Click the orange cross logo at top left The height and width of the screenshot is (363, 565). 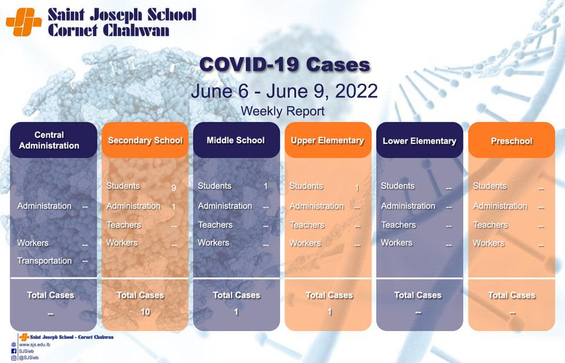click(24, 22)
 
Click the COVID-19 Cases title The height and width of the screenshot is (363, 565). click(285, 65)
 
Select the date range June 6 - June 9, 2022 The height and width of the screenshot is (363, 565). click(284, 91)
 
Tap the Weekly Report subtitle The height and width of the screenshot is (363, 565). click(282, 111)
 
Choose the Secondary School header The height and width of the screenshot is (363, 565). click(145, 140)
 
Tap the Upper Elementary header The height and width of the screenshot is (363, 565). click(328, 140)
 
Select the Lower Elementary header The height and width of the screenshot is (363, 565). click(420, 140)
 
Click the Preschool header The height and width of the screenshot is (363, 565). click(511, 140)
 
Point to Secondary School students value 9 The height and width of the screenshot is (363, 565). click(174, 187)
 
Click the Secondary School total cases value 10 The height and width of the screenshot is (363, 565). click(145, 312)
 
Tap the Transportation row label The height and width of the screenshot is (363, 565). click(44, 260)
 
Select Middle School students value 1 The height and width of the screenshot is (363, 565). click(265, 186)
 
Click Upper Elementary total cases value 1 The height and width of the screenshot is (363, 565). click(330, 312)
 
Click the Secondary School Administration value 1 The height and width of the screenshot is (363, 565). click(174, 207)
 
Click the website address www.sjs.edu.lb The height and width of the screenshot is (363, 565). click(35, 345)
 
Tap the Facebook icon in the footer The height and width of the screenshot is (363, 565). click(14, 351)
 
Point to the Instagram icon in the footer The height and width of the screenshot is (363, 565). click(14, 358)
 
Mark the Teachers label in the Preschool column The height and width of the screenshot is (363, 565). click(490, 225)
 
